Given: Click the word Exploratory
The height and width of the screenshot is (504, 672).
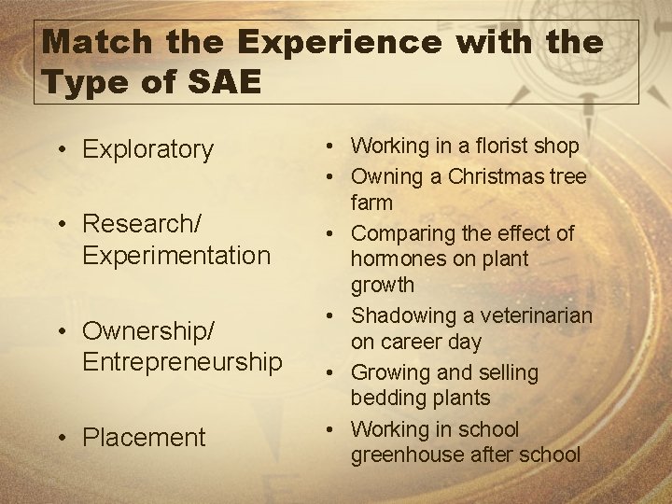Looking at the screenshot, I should point(148,149).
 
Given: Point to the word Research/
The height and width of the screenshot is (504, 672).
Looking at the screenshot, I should point(142,224).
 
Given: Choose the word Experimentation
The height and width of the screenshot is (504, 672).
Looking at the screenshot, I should point(176,255).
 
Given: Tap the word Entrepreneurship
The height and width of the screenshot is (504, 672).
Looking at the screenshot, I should point(183,361).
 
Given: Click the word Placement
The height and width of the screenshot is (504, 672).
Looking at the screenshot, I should point(144,437).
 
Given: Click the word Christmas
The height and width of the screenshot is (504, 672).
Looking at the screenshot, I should point(491,176).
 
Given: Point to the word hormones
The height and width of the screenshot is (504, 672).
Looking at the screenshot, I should point(395,259).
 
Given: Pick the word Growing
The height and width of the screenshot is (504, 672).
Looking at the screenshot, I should point(390,372).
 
